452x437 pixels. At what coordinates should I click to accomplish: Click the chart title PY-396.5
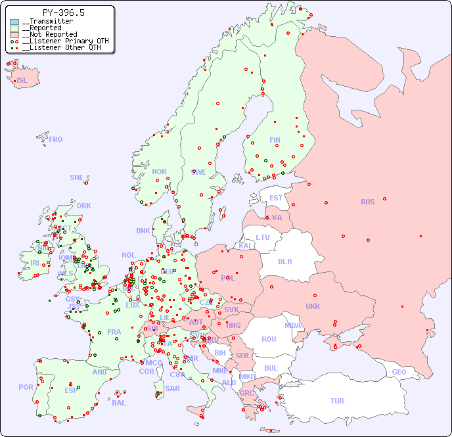click(63, 12)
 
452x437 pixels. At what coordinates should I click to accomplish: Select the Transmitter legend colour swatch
click(14, 22)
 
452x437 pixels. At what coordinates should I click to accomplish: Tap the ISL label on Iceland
click(22, 81)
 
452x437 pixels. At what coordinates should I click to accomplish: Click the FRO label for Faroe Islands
click(56, 139)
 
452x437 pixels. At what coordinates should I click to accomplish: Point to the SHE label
click(77, 177)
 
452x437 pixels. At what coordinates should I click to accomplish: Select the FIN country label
click(275, 140)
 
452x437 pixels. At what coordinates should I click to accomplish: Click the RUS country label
click(367, 202)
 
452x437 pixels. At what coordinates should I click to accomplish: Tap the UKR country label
click(312, 306)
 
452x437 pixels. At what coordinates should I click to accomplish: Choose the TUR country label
click(337, 401)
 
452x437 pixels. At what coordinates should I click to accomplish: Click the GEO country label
click(399, 372)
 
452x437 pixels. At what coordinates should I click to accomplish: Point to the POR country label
click(26, 387)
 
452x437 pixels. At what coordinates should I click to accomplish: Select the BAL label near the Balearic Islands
click(118, 403)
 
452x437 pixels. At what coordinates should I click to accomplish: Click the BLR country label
click(284, 261)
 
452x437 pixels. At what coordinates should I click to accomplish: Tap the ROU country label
click(269, 339)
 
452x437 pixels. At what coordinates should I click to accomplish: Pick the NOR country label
click(159, 172)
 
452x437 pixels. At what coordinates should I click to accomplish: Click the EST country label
click(276, 198)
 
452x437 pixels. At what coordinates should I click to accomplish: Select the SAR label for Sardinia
click(172, 388)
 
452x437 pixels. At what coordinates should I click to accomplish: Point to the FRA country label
click(114, 332)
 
